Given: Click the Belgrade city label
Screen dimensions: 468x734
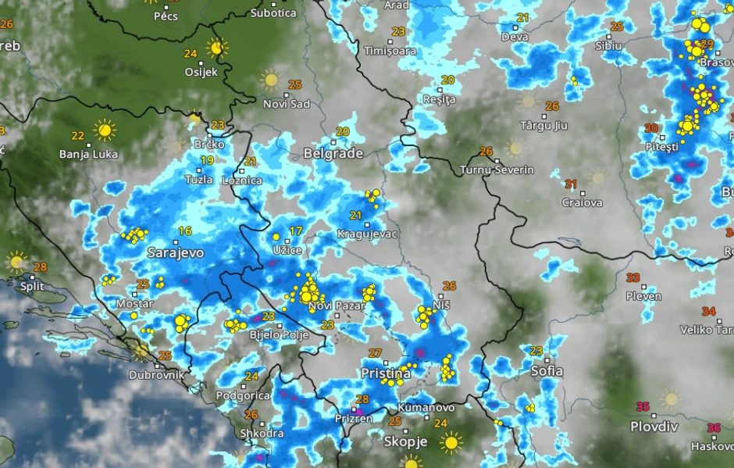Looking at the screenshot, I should coord(333,153).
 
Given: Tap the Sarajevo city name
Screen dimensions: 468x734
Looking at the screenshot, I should coord(176,253).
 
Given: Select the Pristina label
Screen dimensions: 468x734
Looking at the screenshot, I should coord(385,374).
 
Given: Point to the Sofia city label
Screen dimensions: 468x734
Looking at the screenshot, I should coord(547,371).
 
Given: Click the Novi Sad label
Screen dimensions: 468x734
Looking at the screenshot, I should coord(287,104).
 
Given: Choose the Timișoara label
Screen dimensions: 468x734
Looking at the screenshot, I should coord(390,51).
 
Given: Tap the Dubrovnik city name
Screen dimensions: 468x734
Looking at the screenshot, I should coord(157,374).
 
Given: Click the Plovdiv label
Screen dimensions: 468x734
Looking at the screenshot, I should coord(654,427).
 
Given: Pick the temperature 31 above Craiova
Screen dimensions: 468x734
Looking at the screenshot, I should coord(571,184).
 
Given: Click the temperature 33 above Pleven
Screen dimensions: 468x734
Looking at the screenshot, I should coord(632,277).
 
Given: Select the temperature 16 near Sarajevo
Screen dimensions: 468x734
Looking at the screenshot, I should coord(185,230).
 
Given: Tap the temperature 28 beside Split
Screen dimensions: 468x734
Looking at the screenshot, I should coord(40,267).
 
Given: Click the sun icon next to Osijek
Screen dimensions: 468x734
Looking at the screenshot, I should coord(217,48).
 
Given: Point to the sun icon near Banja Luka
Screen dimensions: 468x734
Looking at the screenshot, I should coord(104,130).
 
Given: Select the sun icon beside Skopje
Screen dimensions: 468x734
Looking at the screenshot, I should coord(451,443).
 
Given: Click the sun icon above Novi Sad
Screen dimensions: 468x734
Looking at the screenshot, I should coord(270,79).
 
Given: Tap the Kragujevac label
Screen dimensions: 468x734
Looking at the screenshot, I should coord(368,234).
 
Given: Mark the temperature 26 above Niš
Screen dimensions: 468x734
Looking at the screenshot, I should coord(449,286).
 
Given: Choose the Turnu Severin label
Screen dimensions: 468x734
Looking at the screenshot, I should coord(497,170).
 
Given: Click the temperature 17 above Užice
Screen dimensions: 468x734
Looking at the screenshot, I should coord(295,230).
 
